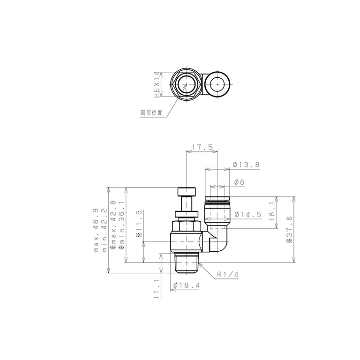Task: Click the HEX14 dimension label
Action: coord(157,84)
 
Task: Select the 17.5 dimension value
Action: coord(202,147)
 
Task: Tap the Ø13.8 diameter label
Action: coord(246,165)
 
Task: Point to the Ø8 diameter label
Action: coord(240,182)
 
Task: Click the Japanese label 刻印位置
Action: coord(151,112)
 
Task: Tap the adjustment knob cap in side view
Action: coord(187,192)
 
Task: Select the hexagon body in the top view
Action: coord(186,84)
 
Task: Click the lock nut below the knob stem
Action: coord(187,215)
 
